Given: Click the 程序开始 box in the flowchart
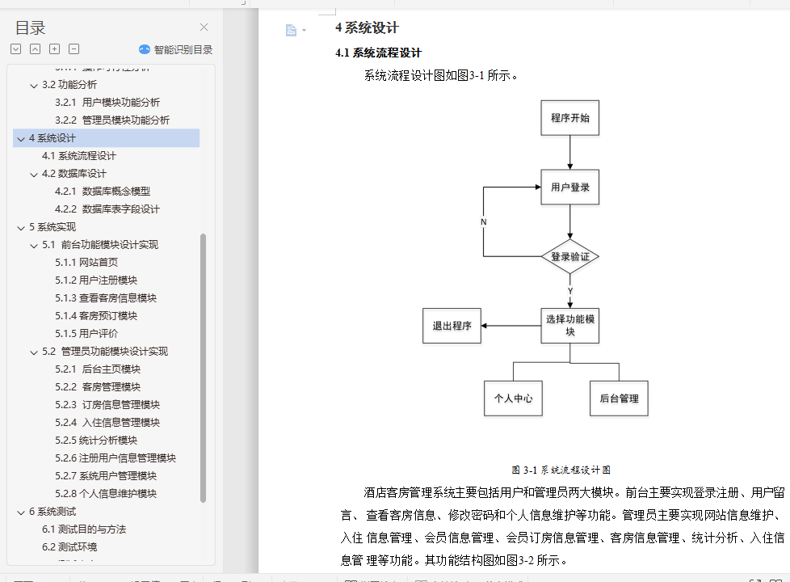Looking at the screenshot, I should point(569,118).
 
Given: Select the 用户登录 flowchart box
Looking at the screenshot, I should point(569,188).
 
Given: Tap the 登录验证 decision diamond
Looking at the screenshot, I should point(569,257).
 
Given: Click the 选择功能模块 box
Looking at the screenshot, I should point(569,325).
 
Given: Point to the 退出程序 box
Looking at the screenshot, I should point(452,326).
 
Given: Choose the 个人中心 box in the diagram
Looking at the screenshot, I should point(513,399).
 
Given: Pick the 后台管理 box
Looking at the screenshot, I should point(619,399).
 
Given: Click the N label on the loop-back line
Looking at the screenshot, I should point(483,221).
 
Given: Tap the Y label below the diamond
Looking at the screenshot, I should point(569,290).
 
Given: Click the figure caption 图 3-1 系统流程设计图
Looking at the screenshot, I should point(560,470).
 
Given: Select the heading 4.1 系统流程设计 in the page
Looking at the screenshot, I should point(378,53).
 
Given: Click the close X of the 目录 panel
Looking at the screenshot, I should point(204,27).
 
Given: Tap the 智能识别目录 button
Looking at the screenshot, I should point(176,49).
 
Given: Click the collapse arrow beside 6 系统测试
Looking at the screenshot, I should point(21,512).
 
